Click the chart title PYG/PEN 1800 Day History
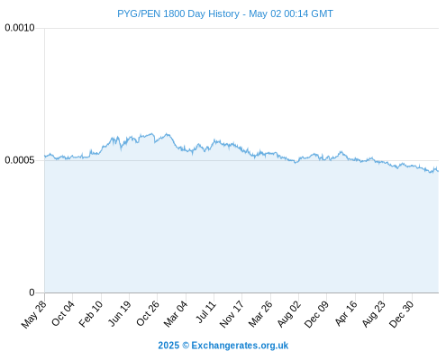(x=178, y=13)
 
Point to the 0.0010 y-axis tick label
(x=20, y=28)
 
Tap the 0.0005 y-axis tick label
(x=20, y=160)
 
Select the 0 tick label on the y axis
(x=32, y=292)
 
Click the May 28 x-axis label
(x=34, y=314)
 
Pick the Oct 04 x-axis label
(x=63, y=313)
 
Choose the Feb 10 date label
(x=91, y=314)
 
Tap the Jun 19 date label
(x=119, y=313)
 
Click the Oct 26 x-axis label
(x=148, y=313)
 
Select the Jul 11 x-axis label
(x=205, y=312)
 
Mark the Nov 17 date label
(x=232, y=314)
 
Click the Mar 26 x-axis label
(x=260, y=314)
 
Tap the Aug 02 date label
(x=288, y=314)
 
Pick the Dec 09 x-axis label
(x=316, y=314)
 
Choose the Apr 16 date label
(x=346, y=313)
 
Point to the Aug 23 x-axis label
(x=373, y=314)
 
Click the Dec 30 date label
(x=401, y=314)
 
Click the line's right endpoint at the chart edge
(x=439, y=171)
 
